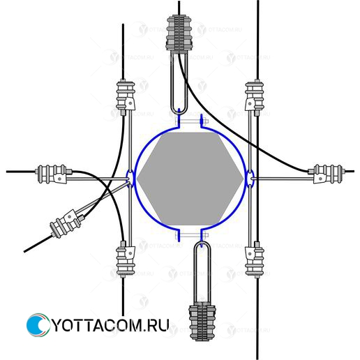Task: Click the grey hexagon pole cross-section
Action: tap(190, 179)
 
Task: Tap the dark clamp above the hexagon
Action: tap(179, 33)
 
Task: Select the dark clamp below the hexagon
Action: tap(202, 321)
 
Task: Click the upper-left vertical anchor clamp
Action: tap(126, 97)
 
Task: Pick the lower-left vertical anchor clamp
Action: tap(126, 260)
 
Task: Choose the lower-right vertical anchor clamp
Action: tap(255, 260)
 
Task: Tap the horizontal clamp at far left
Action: tap(54, 174)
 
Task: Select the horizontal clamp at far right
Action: tap(327, 174)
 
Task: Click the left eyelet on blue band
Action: tap(130, 179)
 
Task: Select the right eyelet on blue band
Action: tap(250, 179)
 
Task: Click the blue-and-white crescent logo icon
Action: tap(37, 325)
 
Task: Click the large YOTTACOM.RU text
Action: tap(110, 325)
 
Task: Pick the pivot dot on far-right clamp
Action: tap(320, 179)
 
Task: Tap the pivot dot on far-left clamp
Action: tap(60, 179)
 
